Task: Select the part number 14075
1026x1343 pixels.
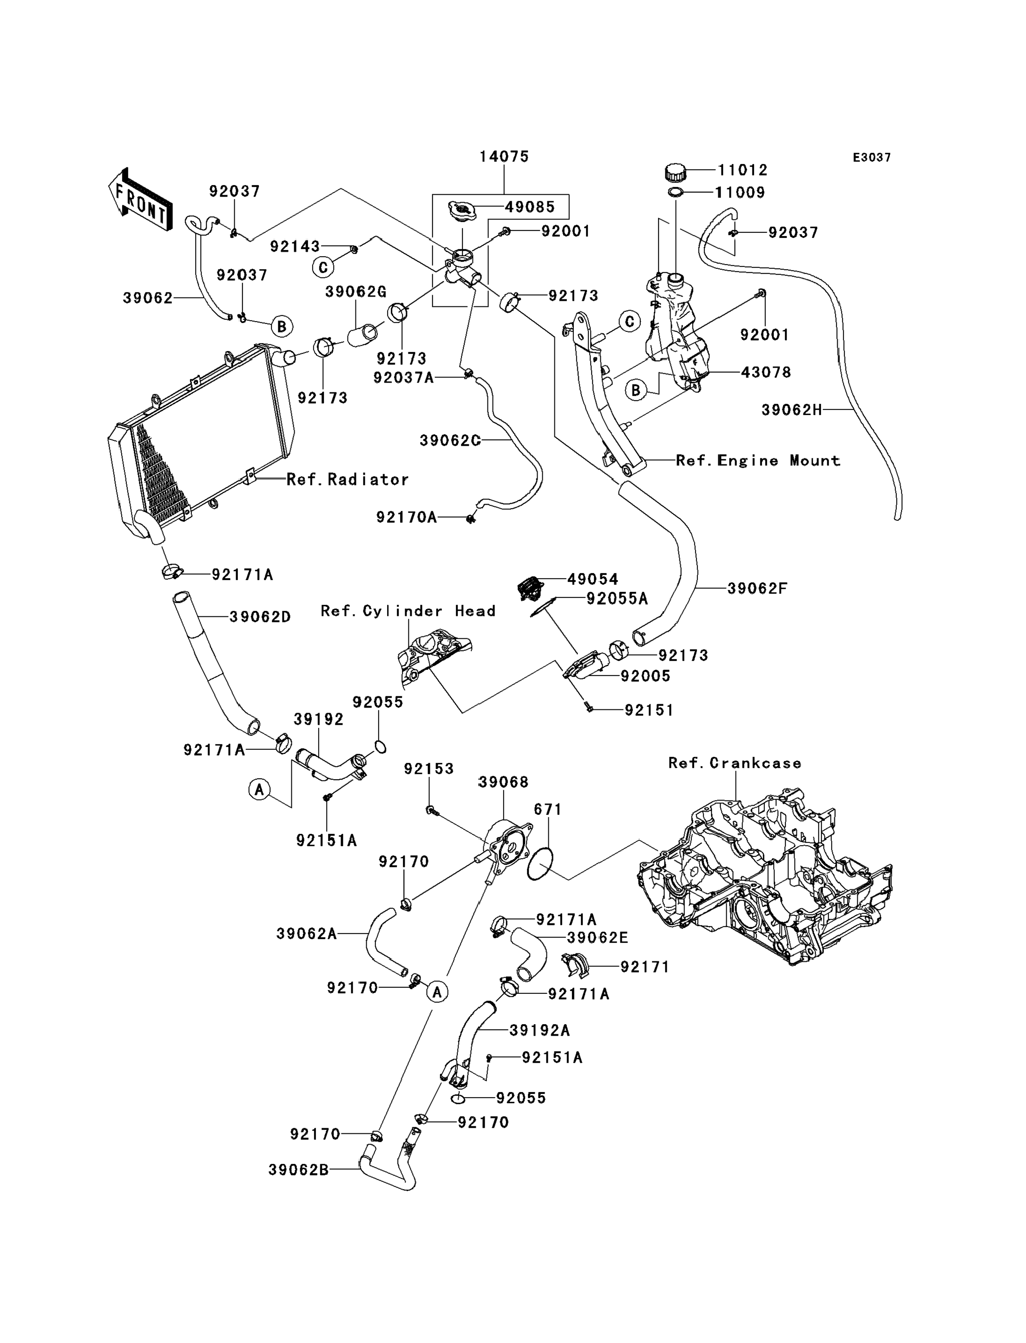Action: [x=504, y=156]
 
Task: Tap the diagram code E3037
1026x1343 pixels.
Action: [x=871, y=158]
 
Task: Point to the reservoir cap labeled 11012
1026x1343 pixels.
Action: [x=675, y=172]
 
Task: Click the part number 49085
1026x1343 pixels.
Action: [x=529, y=207]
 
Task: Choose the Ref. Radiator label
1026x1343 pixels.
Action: [x=348, y=480]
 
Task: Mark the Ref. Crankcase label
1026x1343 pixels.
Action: [x=735, y=763]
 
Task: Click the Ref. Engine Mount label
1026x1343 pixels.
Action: [x=758, y=461]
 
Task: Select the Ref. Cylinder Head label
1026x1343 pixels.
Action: [x=408, y=611]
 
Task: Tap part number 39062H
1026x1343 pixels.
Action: [x=791, y=410]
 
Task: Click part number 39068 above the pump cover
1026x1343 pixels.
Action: [x=503, y=782]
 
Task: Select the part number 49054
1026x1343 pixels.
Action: [x=592, y=579]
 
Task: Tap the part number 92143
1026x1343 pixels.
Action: [x=295, y=246]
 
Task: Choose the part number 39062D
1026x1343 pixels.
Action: [x=260, y=617]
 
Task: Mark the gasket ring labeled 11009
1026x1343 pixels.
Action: [x=676, y=193]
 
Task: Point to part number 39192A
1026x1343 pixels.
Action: [x=539, y=1030]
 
